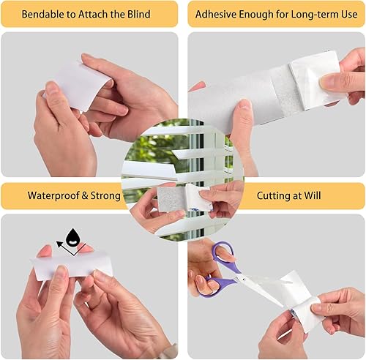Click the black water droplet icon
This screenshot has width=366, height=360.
(72, 236)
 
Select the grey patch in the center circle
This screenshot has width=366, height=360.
(173, 198)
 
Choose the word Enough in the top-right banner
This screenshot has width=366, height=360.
(261, 15)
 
